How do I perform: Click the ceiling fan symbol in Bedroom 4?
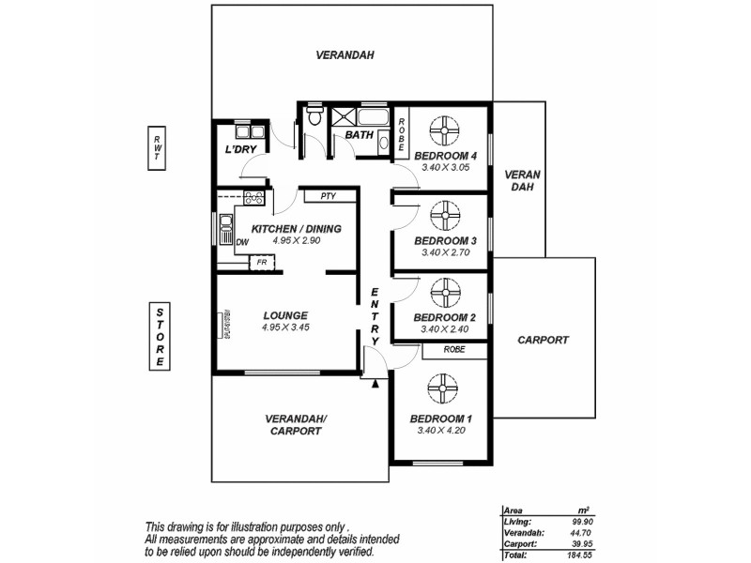pos(440,130)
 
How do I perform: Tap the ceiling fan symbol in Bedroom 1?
pos(440,389)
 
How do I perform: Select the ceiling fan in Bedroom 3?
pos(442,217)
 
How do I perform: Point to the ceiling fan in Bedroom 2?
pos(442,294)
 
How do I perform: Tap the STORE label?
pos(161,337)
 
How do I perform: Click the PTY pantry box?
pos(329,196)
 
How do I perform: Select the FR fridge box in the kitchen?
pos(263,262)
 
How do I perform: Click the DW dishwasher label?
pos(242,242)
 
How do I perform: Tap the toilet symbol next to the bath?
pos(314,119)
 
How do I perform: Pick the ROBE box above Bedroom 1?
pos(454,350)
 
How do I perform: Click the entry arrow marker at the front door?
pos(375,383)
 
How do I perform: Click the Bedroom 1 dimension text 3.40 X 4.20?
pos(441,431)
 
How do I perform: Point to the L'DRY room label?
pos(241,149)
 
